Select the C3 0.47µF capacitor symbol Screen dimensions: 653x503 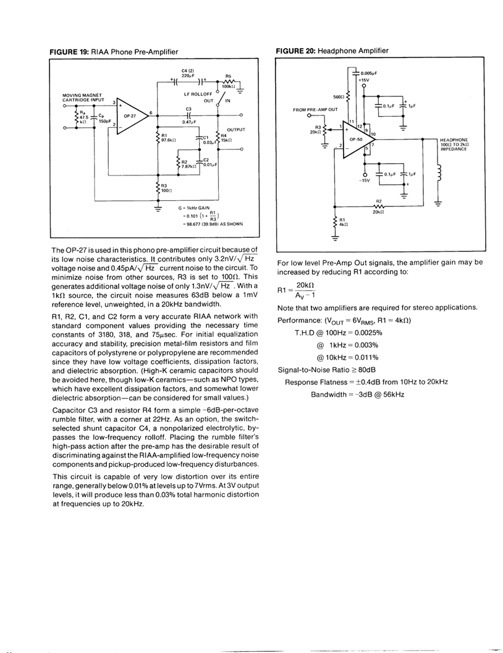click(x=188, y=115)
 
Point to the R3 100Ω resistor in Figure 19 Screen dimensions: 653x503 click(x=158, y=187)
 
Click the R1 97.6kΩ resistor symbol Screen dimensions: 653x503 click(x=158, y=138)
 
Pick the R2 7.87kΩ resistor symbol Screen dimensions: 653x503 click(x=177, y=164)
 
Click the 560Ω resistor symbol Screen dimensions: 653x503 click(x=349, y=96)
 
